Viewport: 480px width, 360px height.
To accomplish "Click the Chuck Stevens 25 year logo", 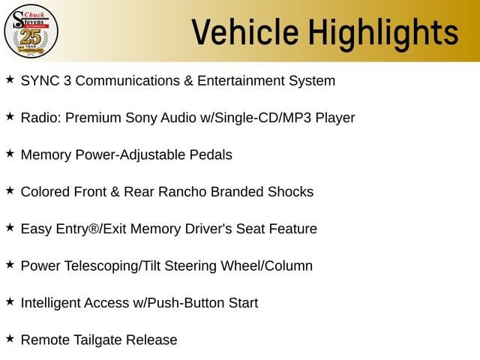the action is [31, 31].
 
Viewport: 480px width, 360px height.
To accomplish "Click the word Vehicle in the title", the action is [245, 32].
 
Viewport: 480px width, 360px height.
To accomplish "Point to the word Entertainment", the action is [241, 81].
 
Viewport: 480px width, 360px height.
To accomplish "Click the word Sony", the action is [141, 118].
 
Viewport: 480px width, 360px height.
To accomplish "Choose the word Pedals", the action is [211, 155].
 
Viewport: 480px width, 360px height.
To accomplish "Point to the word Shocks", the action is [290, 192].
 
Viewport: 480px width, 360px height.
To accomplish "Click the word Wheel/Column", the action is [267, 265].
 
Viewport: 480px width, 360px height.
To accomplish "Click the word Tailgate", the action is [97, 340].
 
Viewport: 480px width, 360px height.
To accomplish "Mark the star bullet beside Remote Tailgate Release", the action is [10, 338].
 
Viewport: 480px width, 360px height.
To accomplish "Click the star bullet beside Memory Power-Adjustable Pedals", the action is [10, 153].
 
